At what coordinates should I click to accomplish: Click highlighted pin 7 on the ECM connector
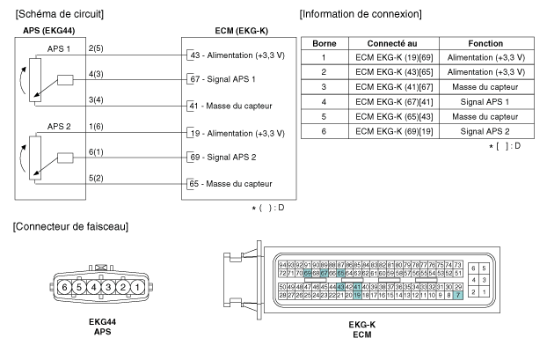[457, 295]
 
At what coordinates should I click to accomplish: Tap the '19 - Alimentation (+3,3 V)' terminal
[239, 134]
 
